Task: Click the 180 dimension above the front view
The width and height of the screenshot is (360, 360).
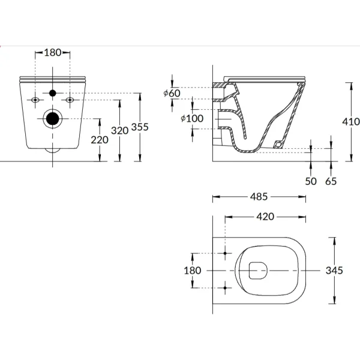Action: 53,53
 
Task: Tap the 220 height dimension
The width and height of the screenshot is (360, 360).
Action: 100,140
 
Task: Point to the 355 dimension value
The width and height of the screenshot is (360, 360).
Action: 140,127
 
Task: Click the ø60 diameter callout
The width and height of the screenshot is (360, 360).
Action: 172,93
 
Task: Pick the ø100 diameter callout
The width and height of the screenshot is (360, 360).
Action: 191,119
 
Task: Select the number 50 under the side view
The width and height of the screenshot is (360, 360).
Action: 310,181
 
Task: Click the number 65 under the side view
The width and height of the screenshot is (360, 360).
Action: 331,181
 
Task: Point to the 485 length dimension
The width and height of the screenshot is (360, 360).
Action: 259,197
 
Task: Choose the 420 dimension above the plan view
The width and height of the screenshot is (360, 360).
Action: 265,217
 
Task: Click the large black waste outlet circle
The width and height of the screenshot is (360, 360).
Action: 53,119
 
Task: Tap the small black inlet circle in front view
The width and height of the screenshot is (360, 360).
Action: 53,93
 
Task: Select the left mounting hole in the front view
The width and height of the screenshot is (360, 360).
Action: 36,99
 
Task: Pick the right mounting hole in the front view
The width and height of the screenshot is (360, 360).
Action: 70,99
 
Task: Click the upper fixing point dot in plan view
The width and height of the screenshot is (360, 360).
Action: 225,254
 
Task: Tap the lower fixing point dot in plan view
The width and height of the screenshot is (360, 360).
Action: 225,287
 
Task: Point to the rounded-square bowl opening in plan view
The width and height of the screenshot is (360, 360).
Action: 256,271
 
